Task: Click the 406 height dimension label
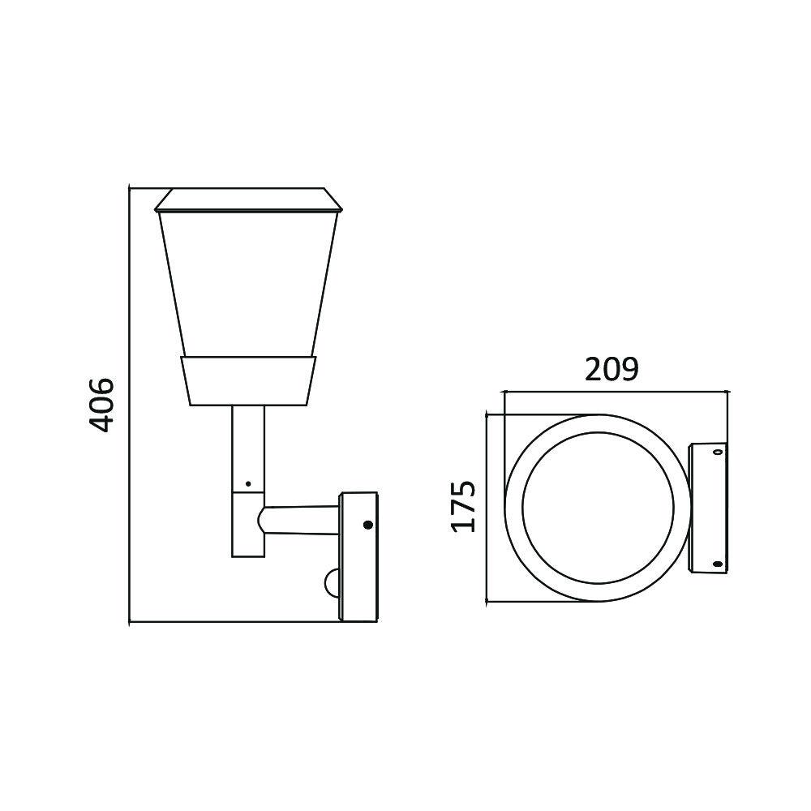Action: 101,403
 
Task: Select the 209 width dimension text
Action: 612,370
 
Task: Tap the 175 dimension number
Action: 464,506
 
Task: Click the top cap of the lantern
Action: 247,199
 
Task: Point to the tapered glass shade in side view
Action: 247,284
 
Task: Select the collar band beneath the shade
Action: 247,380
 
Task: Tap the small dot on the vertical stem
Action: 247,484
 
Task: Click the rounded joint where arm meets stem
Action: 264,519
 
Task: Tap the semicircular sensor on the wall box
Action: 333,581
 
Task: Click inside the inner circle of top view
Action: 597,508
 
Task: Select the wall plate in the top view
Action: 707,508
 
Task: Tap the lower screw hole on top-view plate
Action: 717,563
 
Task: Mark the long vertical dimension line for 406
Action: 130,405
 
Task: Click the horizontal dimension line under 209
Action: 614,392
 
